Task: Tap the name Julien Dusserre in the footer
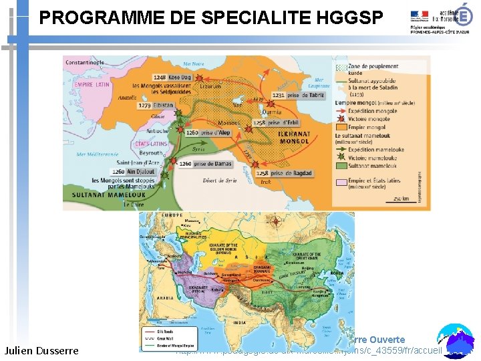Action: (x=41, y=350)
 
